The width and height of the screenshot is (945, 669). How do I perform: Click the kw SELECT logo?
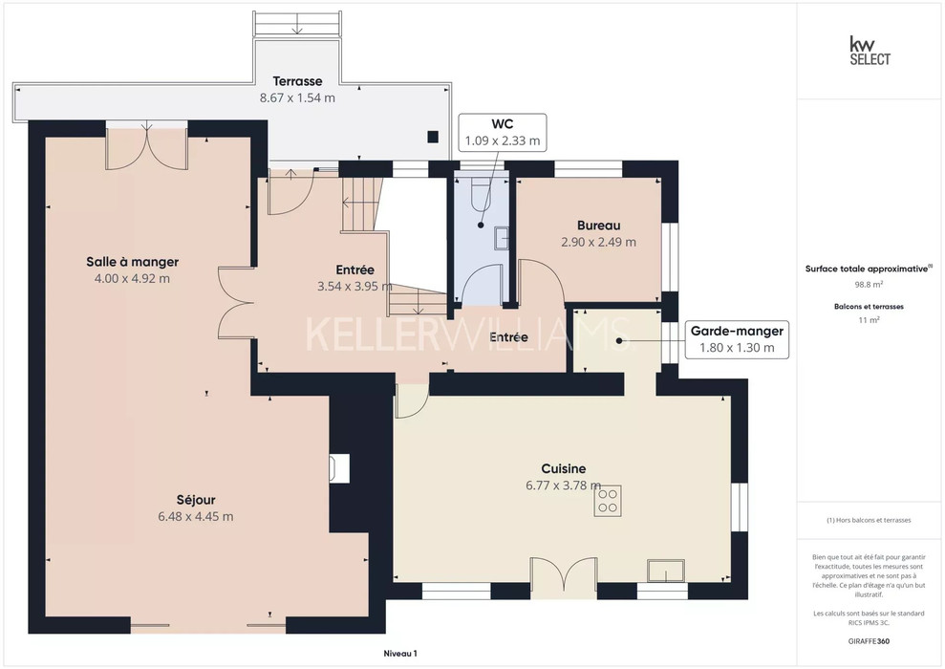point(870,51)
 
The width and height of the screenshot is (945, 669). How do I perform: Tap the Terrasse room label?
point(297,81)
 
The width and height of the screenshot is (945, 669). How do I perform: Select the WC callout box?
point(502,133)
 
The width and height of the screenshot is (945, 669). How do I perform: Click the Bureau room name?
point(598,226)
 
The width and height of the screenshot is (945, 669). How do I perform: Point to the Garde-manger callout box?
point(737,339)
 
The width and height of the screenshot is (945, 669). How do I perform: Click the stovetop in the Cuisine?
point(608,501)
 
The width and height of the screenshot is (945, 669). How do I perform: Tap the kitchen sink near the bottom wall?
point(666,571)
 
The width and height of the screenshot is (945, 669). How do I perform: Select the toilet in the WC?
point(482,192)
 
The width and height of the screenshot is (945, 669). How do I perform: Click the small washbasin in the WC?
point(502,238)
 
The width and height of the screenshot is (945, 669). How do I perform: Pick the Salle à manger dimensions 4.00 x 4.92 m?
point(132,278)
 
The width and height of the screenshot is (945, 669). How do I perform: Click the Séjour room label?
point(196,500)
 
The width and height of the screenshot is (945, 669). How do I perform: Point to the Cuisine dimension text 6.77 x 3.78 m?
point(563,486)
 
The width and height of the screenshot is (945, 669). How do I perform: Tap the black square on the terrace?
point(433,137)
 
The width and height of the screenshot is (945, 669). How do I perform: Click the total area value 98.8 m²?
point(869,285)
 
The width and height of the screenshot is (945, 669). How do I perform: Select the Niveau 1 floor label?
point(400,654)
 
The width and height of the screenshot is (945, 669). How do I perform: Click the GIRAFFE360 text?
point(869,641)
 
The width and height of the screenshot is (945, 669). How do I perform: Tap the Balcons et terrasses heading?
point(869,306)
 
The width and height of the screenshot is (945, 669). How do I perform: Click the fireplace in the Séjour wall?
point(339,468)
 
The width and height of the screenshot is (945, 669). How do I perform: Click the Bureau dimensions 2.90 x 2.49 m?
point(598,242)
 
